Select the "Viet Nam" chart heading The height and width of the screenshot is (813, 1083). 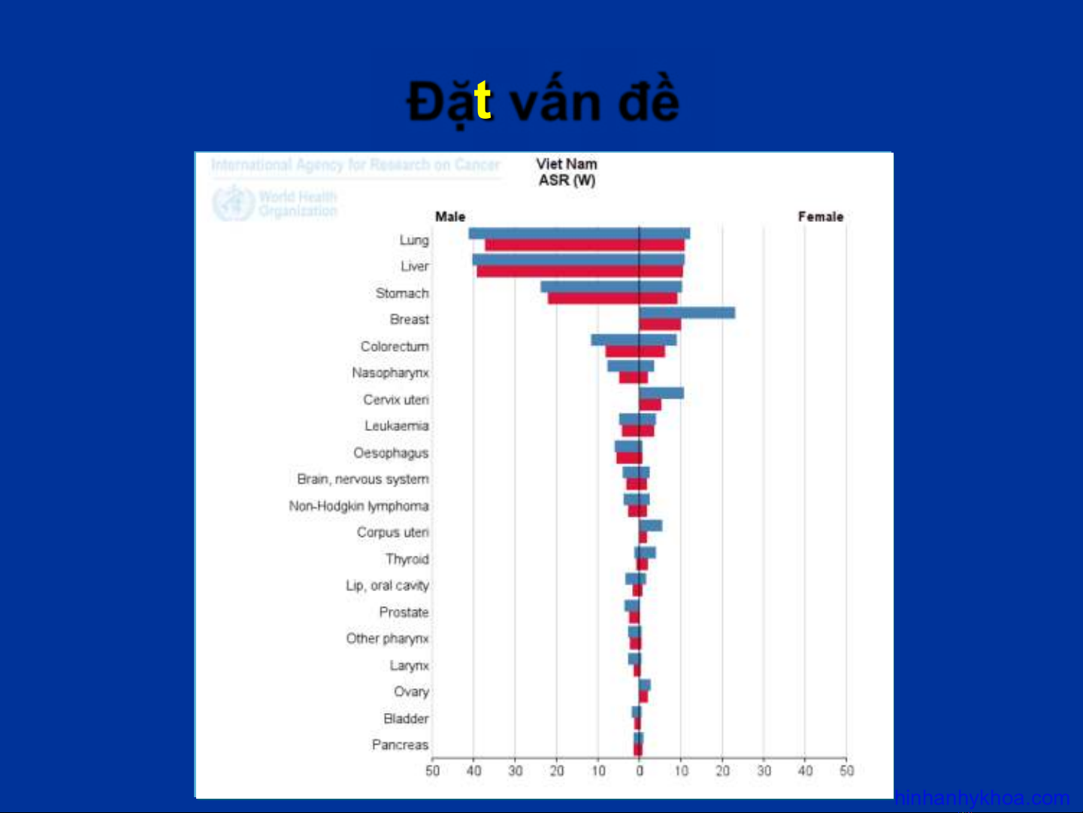coord(567,164)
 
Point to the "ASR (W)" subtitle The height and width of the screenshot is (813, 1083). coord(567,180)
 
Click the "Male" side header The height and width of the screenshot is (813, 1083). coord(450,217)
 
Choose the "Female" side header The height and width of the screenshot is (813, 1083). coord(821,217)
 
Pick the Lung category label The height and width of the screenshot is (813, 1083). coord(414,240)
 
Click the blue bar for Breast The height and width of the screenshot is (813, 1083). coord(687,313)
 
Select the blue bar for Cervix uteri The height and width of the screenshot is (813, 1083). coord(661,393)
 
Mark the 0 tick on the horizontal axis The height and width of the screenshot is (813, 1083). coord(640,771)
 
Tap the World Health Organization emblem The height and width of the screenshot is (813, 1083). coord(232,203)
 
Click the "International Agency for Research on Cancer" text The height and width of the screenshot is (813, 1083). coord(355,165)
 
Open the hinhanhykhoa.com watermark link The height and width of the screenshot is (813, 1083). coord(982,798)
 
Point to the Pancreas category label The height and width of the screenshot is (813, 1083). coord(400,745)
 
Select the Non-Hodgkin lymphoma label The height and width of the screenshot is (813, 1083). coord(358,506)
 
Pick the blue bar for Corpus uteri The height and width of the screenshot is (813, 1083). coord(651,526)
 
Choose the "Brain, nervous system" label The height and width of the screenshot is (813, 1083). coord(362,479)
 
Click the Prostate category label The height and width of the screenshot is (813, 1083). coord(404,612)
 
